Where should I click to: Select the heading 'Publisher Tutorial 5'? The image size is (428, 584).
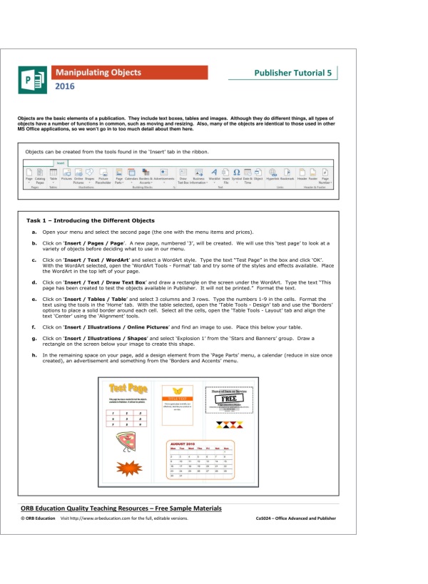coord(292,73)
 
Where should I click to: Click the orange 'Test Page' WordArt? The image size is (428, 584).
coord(129,388)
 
